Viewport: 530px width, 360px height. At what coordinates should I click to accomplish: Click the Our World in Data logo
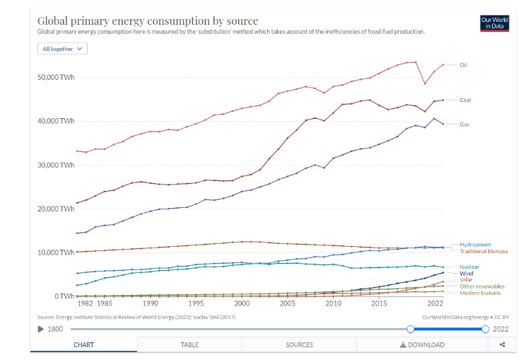click(x=494, y=23)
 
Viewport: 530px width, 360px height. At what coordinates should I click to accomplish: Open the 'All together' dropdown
click(x=63, y=49)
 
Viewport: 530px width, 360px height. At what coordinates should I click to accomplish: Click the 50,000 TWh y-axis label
click(x=56, y=77)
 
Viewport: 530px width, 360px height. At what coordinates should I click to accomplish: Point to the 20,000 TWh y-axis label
click(x=56, y=209)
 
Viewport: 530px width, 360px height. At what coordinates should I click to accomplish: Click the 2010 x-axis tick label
click(x=334, y=303)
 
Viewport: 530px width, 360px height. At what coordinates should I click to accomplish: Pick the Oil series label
click(x=464, y=65)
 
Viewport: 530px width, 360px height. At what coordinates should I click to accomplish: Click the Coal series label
click(x=465, y=100)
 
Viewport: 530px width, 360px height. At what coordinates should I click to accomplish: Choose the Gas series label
click(x=464, y=124)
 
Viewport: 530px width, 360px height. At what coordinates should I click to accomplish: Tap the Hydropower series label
click(x=475, y=245)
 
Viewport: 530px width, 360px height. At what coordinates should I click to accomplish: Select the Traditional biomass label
click(x=483, y=251)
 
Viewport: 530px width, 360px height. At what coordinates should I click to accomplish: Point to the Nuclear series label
click(x=469, y=267)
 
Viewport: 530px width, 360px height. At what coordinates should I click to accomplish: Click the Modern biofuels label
click(x=480, y=292)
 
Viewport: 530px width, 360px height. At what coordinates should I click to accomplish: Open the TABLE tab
click(x=189, y=344)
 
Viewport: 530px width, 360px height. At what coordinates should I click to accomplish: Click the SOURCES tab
click(x=299, y=344)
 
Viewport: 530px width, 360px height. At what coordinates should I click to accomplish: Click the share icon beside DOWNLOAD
click(x=502, y=344)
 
